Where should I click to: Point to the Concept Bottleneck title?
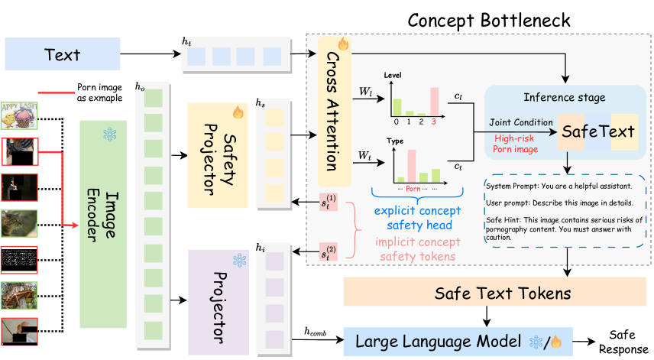488,19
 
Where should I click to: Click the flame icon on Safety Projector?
237,113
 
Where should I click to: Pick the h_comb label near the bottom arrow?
314,331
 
